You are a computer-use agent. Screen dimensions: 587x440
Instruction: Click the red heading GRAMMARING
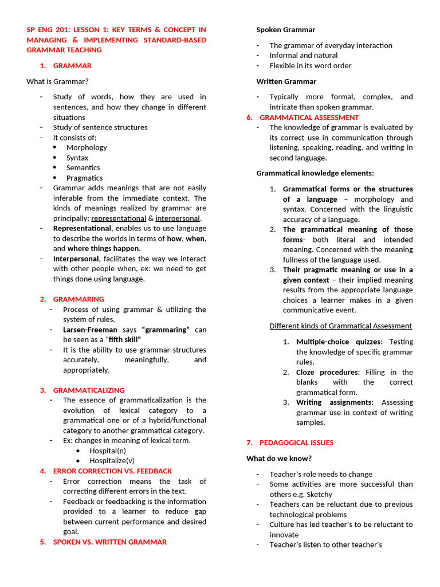(78, 299)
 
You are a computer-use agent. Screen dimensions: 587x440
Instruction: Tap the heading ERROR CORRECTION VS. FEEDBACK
(112, 471)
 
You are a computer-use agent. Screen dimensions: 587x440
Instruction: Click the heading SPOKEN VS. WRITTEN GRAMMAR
(110, 542)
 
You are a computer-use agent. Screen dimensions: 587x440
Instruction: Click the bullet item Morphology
(87, 147)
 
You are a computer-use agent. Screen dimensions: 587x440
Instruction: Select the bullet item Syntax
(77, 158)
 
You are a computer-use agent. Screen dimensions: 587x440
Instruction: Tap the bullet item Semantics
(83, 167)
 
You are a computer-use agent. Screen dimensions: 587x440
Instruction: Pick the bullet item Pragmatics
(84, 178)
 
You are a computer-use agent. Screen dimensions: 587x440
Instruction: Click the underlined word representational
(119, 218)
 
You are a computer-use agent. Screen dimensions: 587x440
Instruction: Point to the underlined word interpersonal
(178, 218)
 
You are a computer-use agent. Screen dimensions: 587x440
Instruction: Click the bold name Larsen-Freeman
(90, 330)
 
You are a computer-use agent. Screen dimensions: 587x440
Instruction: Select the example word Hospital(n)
(108, 451)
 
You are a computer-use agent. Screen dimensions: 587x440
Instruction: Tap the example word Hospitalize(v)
(112, 460)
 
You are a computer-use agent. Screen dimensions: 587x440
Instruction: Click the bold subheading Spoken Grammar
(285, 29)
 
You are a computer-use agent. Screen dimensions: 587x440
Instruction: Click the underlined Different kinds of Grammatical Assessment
(340, 326)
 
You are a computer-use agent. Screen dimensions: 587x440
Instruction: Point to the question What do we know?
(279, 458)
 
